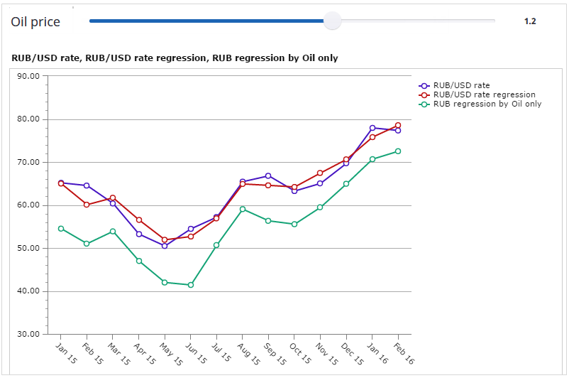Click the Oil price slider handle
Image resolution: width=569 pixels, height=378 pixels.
click(x=332, y=21)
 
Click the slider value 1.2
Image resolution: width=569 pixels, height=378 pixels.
click(x=530, y=21)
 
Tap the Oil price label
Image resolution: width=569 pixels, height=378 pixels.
click(x=35, y=22)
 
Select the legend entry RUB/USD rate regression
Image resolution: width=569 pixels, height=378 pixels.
click(x=484, y=94)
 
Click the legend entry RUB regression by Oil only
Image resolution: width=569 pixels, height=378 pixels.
click(x=487, y=104)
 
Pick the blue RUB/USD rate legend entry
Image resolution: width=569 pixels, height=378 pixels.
click(x=461, y=85)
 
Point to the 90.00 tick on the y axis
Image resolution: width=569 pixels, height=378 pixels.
click(x=29, y=77)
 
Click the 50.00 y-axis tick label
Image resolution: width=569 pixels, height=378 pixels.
click(x=29, y=249)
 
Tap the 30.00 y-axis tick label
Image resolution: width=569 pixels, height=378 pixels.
click(x=29, y=334)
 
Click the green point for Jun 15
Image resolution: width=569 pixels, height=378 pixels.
click(x=190, y=285)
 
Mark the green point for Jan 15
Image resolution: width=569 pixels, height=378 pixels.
click(x=61, y=229)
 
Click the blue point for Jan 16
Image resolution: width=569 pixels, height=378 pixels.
click(x=372, y=128)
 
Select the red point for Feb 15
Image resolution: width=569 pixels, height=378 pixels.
click(x=87, y=205)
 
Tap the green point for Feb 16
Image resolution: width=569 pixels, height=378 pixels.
click(x=398, y=151)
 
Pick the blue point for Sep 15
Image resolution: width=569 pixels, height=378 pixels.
click(x=268, y=175)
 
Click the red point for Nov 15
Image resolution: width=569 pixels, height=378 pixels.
click(x=320, y=173)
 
